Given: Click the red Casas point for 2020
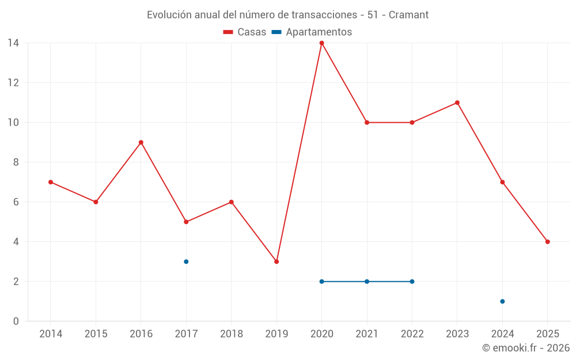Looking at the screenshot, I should tap(321, 43).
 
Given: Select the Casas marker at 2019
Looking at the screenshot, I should tap(276, 262).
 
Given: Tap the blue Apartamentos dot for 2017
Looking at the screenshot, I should tap(186, 262).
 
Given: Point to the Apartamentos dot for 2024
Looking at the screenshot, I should tap(502, 301).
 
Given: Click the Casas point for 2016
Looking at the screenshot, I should tap(141, 142).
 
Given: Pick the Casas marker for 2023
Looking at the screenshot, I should tap(457, 103).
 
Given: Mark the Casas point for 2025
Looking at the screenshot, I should tap(547, 242).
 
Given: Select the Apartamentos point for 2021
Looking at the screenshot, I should tap(367, 282).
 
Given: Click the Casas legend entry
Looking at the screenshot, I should tap(245, 32).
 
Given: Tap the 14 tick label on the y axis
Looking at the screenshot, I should tap(13, 43).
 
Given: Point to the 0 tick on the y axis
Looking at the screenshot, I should tap(16, 321).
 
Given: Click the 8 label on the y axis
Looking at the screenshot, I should tap(16, 162).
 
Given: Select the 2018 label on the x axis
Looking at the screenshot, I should tap(232, 334).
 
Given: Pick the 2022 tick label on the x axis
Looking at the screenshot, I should tap(412, 334).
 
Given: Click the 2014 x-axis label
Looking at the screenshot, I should tap(51, 334).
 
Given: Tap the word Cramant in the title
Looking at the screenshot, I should tap(408, 15).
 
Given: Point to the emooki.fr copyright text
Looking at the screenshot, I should tap(526, 348).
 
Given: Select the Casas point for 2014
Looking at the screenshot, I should tap(51, 182).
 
